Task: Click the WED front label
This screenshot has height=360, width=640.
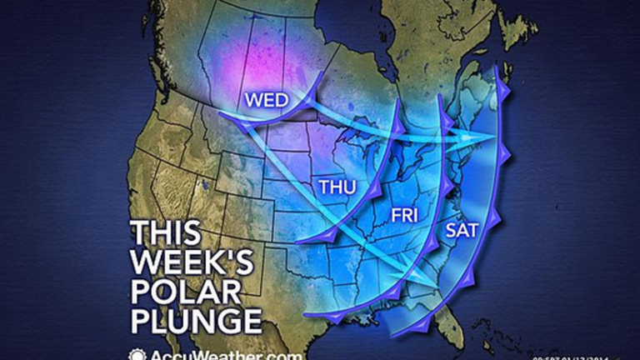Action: (x=266, y=100)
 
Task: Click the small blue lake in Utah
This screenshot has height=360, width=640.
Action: (x=202, y=182)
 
